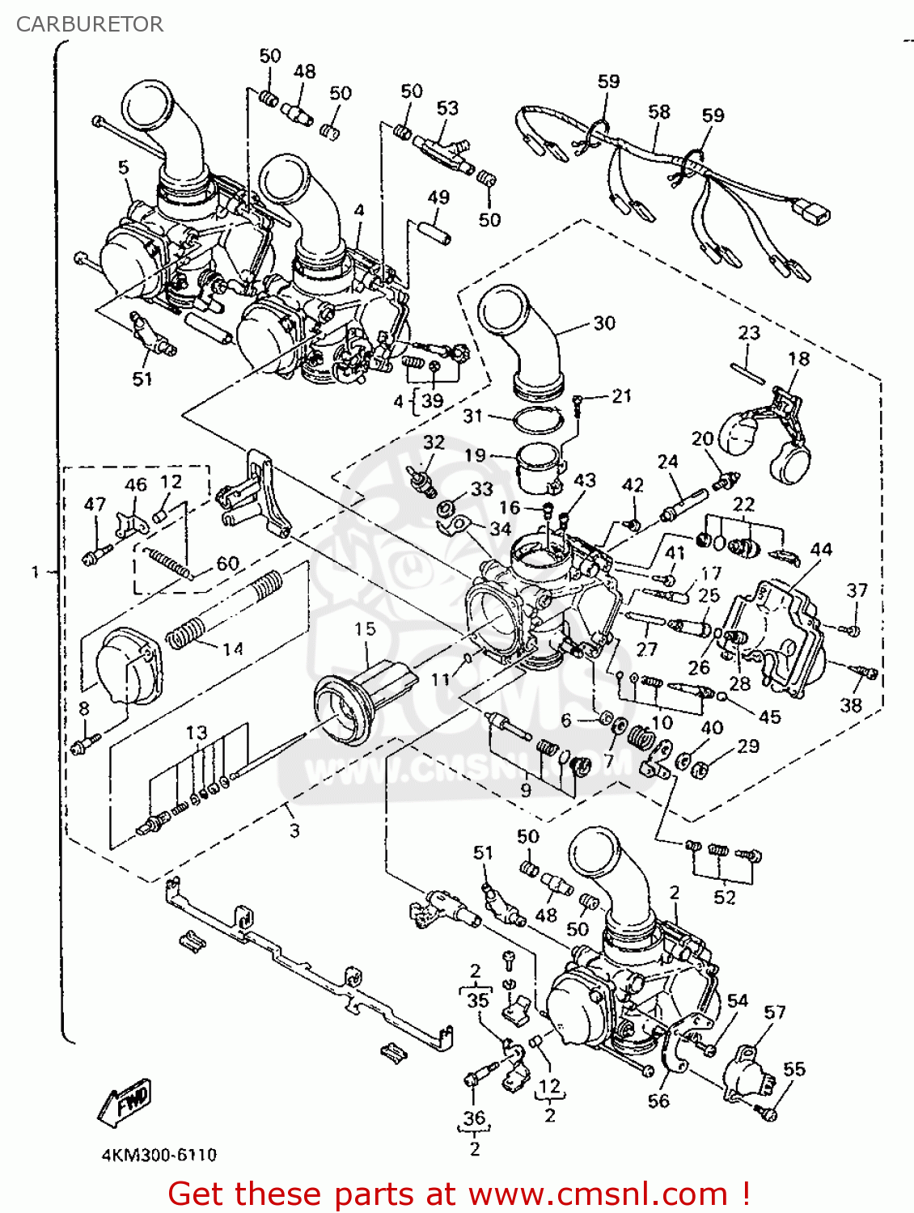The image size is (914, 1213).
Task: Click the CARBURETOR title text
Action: coord(89,24)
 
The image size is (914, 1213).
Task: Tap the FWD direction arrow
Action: coord(125,1101)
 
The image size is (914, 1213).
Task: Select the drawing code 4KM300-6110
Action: coord(159,1155)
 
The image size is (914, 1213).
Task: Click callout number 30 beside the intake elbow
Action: coord(604,323)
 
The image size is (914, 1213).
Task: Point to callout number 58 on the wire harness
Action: coord(659,112)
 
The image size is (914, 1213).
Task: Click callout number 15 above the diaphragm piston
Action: coord(365,629)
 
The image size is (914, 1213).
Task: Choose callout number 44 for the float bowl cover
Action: coord(820,550)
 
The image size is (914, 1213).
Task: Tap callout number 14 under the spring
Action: coord(233,649)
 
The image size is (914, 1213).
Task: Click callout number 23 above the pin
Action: coord(749,332)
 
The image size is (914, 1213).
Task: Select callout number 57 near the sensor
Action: coord(774,1012)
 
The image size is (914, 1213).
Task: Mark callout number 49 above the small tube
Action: coord(438,197)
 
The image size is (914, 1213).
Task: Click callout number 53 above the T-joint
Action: coord(447,108)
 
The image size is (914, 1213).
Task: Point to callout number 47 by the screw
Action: coord(95,504)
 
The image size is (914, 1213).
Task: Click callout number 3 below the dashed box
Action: coord(294,831)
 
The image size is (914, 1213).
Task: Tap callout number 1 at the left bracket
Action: coord(35,572)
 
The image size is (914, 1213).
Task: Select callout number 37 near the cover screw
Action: coord(857,591)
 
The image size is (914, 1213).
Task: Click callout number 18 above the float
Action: coord(798,358)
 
